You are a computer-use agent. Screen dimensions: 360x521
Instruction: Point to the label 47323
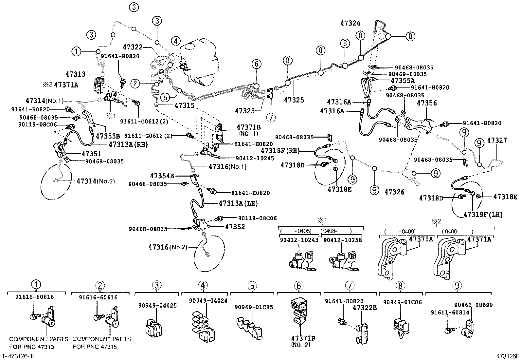244,111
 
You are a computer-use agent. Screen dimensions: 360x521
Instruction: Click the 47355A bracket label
403,80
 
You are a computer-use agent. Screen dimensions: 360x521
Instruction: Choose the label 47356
427,104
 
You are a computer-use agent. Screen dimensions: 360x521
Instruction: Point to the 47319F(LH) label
483,215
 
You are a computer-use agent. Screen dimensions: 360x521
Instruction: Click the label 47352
235,227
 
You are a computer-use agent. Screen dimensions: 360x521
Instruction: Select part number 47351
91,154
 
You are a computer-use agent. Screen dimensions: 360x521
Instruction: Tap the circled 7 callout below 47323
271,117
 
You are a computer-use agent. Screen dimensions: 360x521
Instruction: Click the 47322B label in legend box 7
365,308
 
